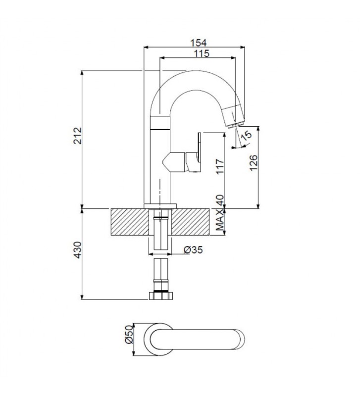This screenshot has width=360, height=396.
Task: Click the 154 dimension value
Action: click(198, 43)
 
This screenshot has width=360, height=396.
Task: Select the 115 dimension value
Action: click(202, 53)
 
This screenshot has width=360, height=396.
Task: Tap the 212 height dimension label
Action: click(78, 136)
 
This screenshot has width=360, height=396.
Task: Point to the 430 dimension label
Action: click(78, 250)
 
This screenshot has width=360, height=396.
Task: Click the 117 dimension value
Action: click(220, 166)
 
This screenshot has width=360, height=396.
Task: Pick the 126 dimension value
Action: click(254, 163)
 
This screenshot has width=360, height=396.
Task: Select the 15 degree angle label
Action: click(246, 135)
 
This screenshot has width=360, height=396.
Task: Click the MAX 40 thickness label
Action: click(220, 213)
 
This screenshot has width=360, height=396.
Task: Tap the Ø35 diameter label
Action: click(193, 250)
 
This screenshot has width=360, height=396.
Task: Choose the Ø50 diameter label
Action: click(129, 335)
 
